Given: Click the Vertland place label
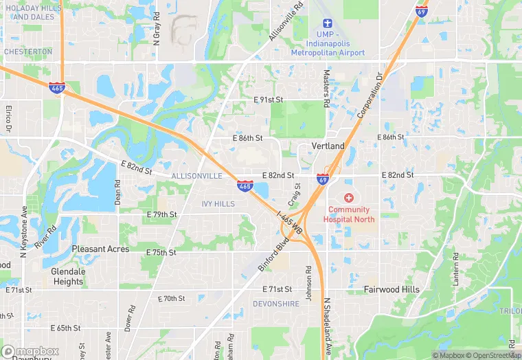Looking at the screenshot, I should [x=328, y=146].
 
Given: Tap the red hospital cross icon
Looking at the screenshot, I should [x=348, y=198].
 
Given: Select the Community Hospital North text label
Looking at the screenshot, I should [x=351, y=214].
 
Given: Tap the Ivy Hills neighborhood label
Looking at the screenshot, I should [x=218, y=204].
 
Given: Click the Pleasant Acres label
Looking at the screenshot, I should [x=100, y=249].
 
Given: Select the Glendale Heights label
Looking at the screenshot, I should [x=67, y=276].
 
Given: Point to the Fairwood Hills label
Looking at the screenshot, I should [x=391, y=290].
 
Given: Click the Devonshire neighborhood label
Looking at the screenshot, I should [x=276, y=304].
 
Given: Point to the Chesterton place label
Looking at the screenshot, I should [x=28, y=52].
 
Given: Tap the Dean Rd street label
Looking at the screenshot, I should [x=117, y=194].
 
